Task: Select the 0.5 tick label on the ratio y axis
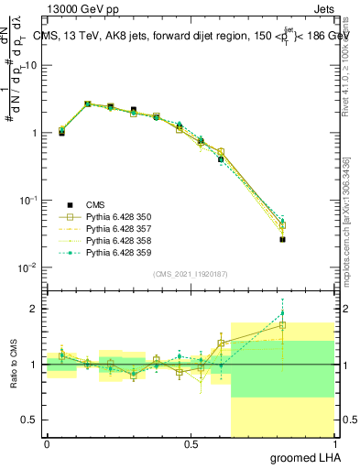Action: click(x=31, y=420)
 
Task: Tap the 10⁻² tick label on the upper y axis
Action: click(x=29, y=267)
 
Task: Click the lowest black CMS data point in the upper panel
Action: click(x=282, y=240)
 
